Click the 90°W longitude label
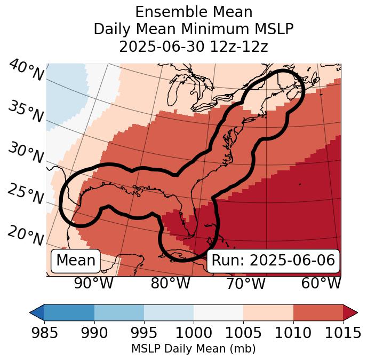[94, 283]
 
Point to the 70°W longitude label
[246, 283]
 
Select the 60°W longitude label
[321, 283]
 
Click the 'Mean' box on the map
[76, 261]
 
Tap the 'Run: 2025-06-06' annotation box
[273, 261]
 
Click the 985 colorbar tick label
[44, 333]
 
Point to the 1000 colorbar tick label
[194, 333]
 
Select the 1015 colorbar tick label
[343, 333]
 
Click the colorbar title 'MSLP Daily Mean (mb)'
[194, 349]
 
